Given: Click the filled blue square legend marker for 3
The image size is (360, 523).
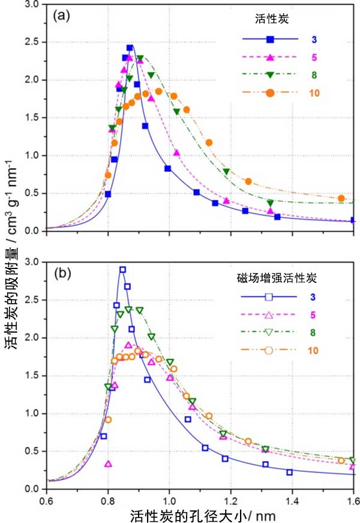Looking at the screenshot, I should pos(271,40).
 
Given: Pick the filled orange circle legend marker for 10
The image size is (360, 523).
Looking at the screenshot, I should pos(271,92).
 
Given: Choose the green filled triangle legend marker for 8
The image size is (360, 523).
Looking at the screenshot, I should pos(271,75).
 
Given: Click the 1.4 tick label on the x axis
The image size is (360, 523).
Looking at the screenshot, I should pos(292,499).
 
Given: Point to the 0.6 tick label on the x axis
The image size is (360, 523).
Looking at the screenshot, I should pos(46,499).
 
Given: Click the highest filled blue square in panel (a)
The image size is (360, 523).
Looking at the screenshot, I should pos(130,47).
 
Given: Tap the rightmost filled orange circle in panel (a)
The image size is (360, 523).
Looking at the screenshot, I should pos(341,198).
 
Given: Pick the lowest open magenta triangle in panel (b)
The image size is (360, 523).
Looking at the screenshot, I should pos(109,464).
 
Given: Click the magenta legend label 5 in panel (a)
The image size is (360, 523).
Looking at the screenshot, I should pos(314,58).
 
